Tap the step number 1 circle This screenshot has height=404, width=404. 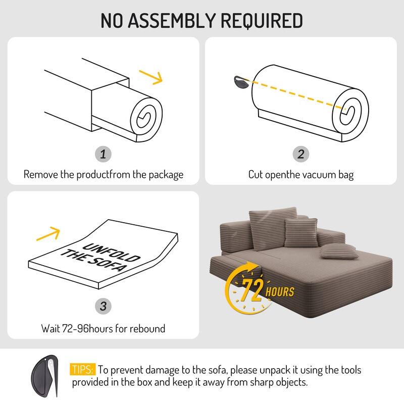click(x=103, y=154)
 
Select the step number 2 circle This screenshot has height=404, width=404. click(x=301, y=154)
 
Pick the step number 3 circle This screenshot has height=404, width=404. click(x=103, y=306)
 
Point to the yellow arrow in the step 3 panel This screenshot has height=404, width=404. click(x=49, y=233)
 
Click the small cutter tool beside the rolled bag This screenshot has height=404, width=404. click(x=240, y=82)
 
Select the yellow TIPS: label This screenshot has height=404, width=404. click(x=83, y=370)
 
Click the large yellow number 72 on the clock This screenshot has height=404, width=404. click(x=253, y=289)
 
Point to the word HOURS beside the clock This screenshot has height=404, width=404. click(x=280, y=291)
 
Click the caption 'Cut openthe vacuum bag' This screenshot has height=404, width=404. click(x=301, y=175)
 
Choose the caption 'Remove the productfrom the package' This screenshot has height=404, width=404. click(x=103, y=175)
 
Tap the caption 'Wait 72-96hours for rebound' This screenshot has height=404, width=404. click(x=103, y=328)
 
